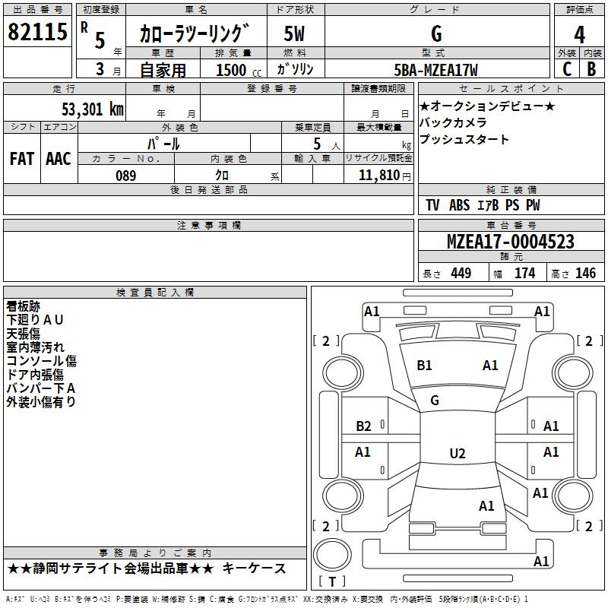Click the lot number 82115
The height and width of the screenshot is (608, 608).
point(37,32)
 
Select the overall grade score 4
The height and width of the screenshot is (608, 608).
point(579,35)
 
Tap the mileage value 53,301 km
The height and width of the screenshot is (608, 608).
point(93,109)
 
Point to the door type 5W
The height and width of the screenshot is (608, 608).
point(294,33)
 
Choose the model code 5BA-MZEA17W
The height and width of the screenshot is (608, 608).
point(435,70)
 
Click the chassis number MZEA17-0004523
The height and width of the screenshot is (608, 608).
point(511,242)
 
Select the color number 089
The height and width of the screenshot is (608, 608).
point(126,176)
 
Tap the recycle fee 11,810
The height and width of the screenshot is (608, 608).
point(378,176)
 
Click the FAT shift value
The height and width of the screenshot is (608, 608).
point(22,159)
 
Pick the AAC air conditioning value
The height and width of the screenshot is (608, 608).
point(59,159)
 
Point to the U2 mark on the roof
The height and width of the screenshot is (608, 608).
point(458,453)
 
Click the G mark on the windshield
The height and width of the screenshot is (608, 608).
point(435,401)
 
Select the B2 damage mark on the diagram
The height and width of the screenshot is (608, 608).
point(363,426)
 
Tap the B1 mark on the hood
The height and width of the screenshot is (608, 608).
point(424,366)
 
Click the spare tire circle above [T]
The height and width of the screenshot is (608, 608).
point(332,555)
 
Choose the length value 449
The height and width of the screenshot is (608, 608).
point(461,273)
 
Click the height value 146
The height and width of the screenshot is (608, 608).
point(585,273)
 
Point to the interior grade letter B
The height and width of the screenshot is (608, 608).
point(591,69)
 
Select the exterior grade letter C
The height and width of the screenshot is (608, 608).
point(567,69)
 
